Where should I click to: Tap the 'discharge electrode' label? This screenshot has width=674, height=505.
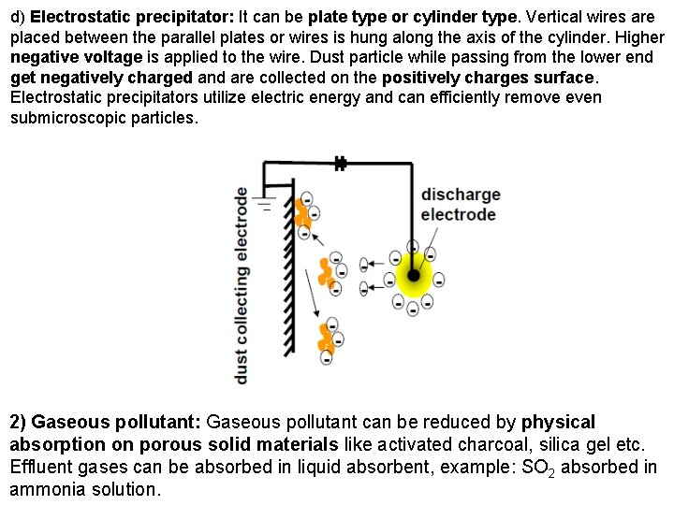460,205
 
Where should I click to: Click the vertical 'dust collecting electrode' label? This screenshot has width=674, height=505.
242,283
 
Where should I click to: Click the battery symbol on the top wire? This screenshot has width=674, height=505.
340,164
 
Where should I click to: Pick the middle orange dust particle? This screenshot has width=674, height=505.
326,271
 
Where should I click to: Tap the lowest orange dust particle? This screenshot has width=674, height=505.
326,339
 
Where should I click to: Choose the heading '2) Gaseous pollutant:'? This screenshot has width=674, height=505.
105,423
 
